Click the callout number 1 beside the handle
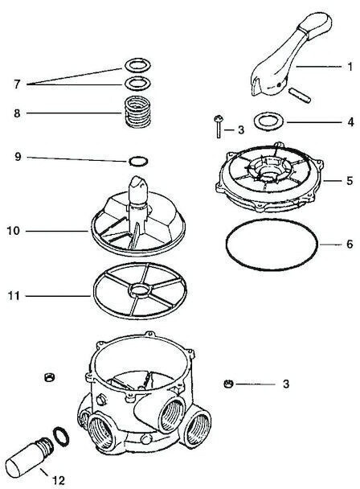point(350,67)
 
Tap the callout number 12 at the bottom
point(59,480)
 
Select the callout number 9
point(18,157)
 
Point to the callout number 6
point(350,244)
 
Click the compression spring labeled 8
point(137,111)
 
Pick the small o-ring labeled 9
point(138,161)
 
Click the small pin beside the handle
point(300,96)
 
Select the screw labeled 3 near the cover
point(219,126)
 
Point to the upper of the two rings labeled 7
point(137,65)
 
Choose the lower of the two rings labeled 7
point(137,83)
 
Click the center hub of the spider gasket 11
point(140,290)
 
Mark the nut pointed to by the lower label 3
point(228,384)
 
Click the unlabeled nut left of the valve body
point(49,377)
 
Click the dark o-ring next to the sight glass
point(60,437)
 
